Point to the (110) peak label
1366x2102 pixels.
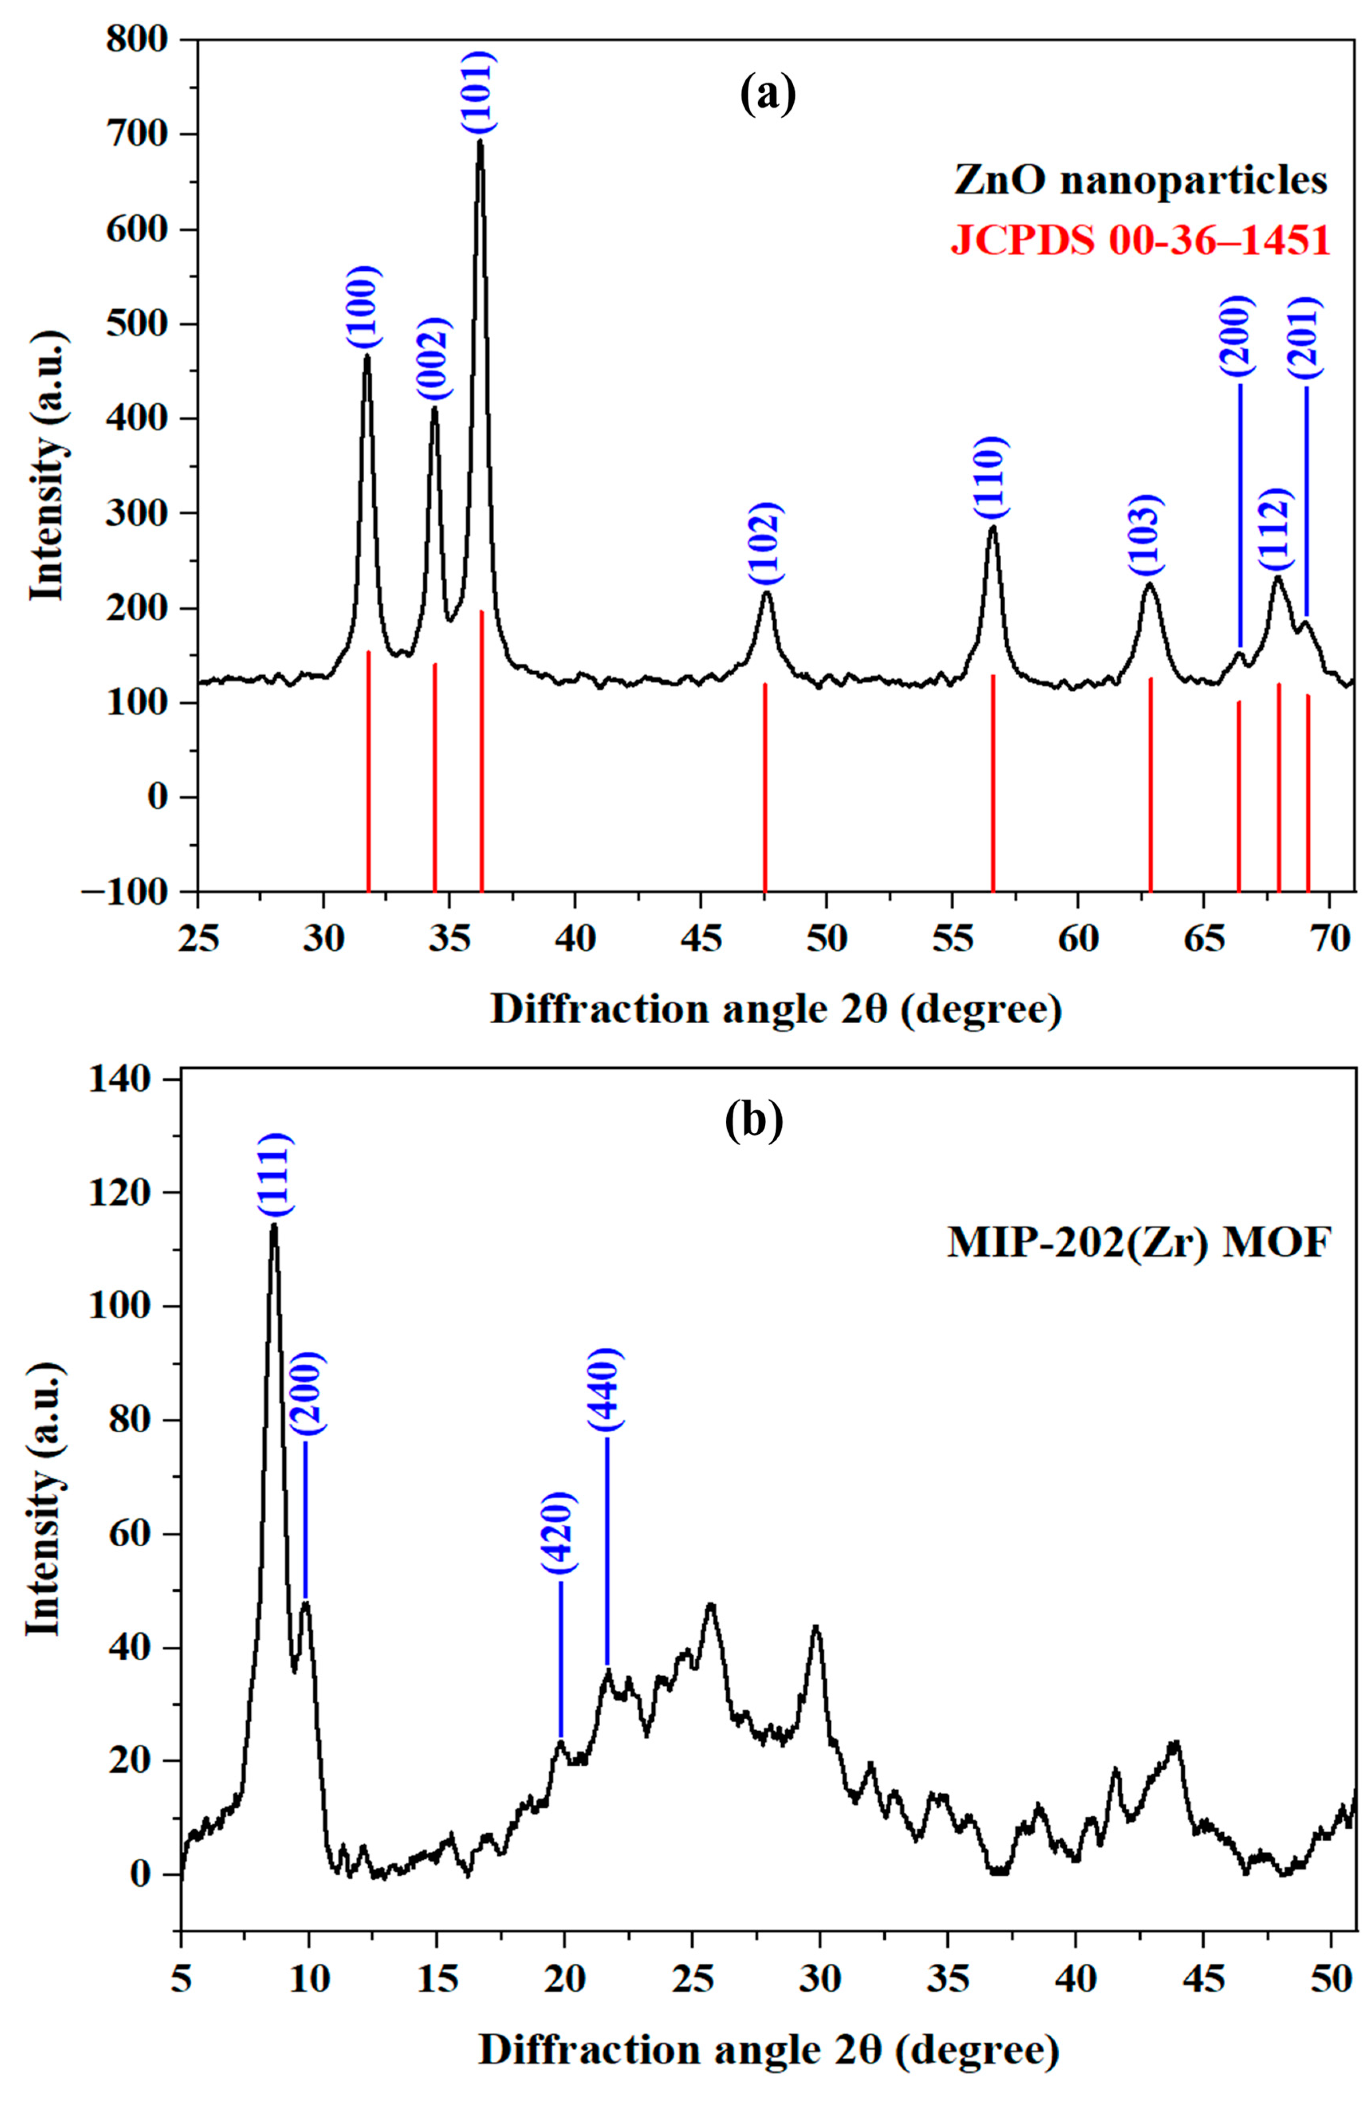991,478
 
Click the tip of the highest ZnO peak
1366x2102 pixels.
480,141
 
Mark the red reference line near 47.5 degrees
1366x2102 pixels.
765,786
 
